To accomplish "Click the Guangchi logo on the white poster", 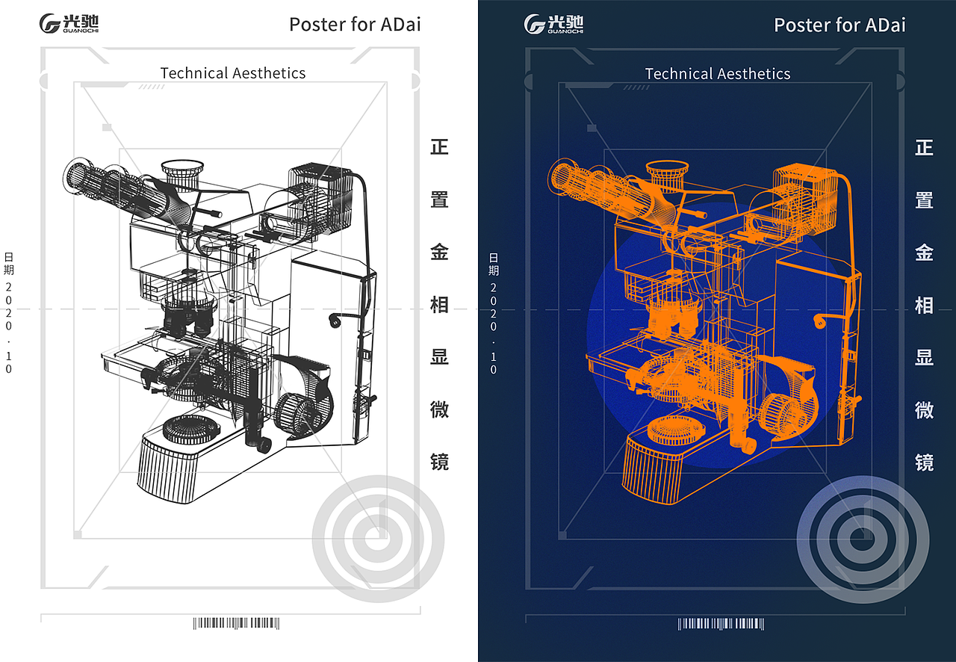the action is pos(69,23).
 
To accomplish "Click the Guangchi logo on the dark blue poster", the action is pos(553,23).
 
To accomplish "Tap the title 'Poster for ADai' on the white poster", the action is pos(355,25).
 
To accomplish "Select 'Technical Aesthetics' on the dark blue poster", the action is pos(718,74).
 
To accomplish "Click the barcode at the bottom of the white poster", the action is pos(237,623).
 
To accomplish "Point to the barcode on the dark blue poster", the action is pos(721,624).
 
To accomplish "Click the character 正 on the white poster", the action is pos(439,147).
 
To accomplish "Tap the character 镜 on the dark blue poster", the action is pos(924,462).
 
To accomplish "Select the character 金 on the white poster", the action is pos(439,252).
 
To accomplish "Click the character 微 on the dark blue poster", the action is pos(924,409).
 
